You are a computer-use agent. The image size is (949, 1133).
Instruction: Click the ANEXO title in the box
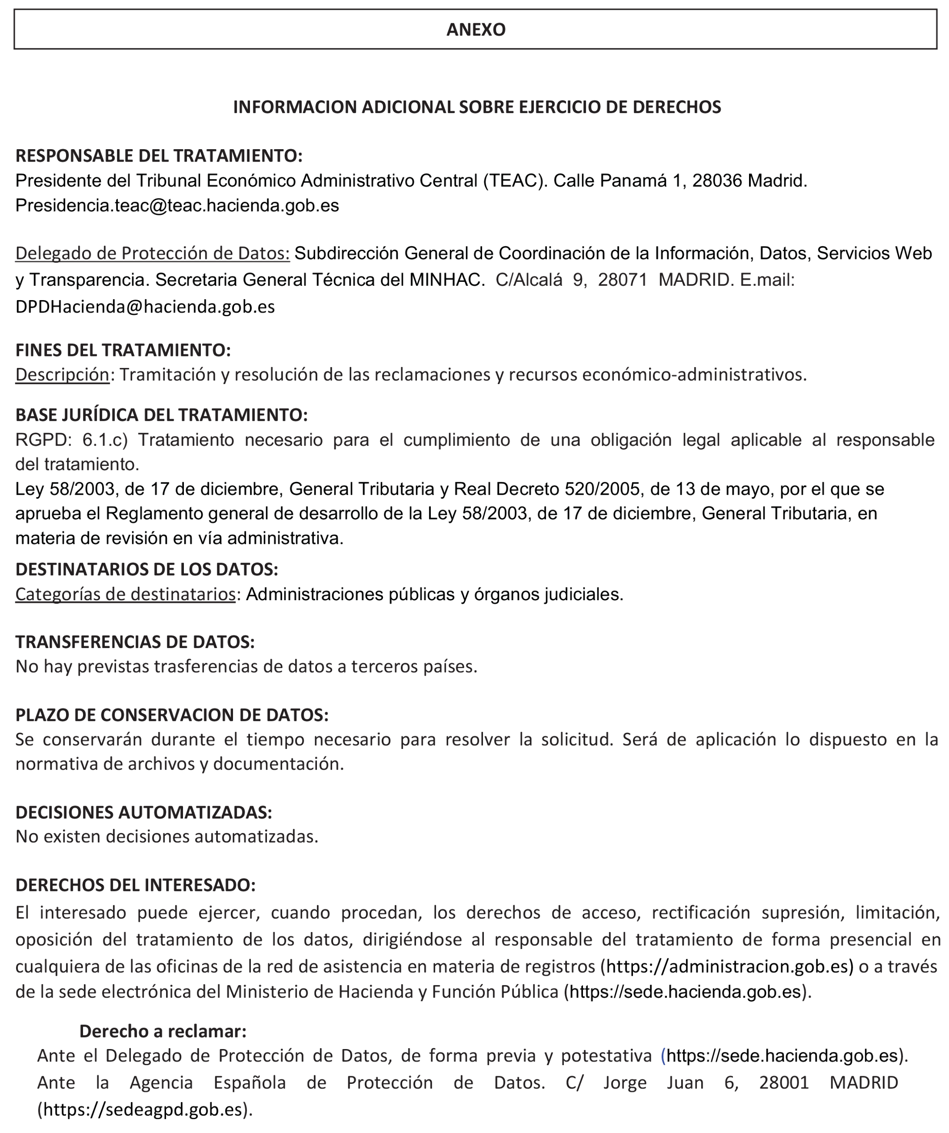click(x=475, y=29)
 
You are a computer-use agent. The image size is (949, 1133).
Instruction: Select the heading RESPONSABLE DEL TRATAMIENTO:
click(x=158, y=155)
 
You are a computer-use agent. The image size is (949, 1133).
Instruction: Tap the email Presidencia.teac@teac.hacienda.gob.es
click(x=177, y=205)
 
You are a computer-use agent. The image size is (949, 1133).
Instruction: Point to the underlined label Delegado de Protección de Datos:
click(x=152, y=253)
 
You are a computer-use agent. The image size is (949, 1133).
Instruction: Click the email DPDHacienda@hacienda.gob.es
click(x=145, y=306)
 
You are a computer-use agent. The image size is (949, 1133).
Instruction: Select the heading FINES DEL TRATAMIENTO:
click(x=123, y=350)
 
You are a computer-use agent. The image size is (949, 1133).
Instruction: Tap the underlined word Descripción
click(x=62, y=374)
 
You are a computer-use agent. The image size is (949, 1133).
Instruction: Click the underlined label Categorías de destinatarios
click(x=125, y=594)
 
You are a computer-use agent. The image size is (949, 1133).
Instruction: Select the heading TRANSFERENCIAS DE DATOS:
click(x=135, y=642)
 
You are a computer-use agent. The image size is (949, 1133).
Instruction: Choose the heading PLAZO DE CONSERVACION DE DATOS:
click(x=171, y=715)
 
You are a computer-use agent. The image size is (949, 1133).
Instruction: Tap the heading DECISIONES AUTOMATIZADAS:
click(x=143, y=812)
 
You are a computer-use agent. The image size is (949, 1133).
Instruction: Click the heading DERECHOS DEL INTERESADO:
click(x=135, y=885)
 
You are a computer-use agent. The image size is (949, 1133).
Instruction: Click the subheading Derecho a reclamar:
click(x=163, y=1031)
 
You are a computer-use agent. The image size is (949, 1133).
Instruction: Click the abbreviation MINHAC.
click(x=445, y=280)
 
